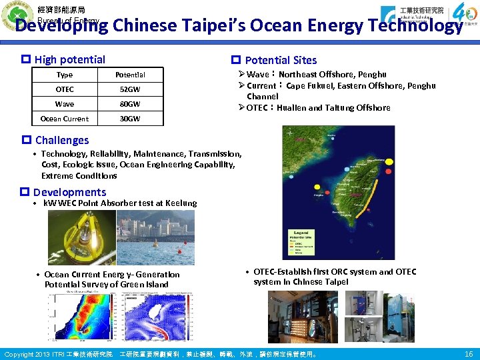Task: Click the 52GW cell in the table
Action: point(130,89)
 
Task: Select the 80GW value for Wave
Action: point(130,104)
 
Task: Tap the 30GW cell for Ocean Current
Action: point(130,119)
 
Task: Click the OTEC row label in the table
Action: point(65,89)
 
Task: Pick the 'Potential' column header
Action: point(130,75)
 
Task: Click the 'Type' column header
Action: point(65,75)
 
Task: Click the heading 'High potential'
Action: point(69,59)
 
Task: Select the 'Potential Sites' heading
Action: point(281,60)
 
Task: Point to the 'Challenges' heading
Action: point(61,140)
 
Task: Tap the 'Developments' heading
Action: point(69,192)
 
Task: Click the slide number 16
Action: point(468,354)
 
